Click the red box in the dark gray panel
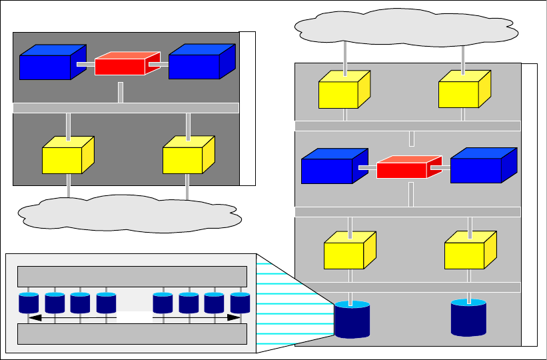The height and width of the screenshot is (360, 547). pos(123,64)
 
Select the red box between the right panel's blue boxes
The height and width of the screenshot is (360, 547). pos(405,168)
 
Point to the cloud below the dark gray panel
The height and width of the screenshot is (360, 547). pos(128,213)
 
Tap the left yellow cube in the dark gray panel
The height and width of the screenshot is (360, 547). pos(65,157)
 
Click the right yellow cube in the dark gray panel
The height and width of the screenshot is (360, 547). pos(185,157)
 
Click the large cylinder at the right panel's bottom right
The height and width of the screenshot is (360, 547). pos(468,317)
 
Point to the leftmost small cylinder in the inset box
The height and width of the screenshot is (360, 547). pos(28,303)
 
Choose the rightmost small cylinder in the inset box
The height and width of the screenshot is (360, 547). pos(240,303)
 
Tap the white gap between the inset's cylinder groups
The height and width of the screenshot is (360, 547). pos(135,318)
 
